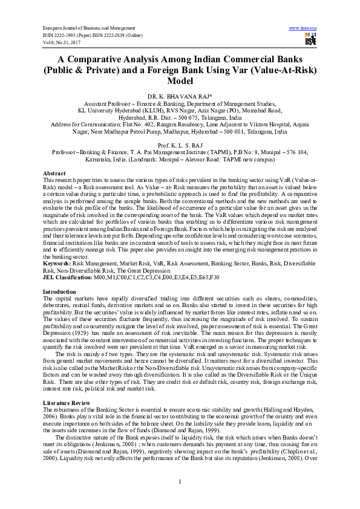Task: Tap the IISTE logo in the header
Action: click(310, 41)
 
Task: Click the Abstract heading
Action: click(54, 173)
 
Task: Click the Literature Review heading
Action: click(66, 402)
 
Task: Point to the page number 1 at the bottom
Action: click(180, 481)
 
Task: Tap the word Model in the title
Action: click(180, 80)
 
